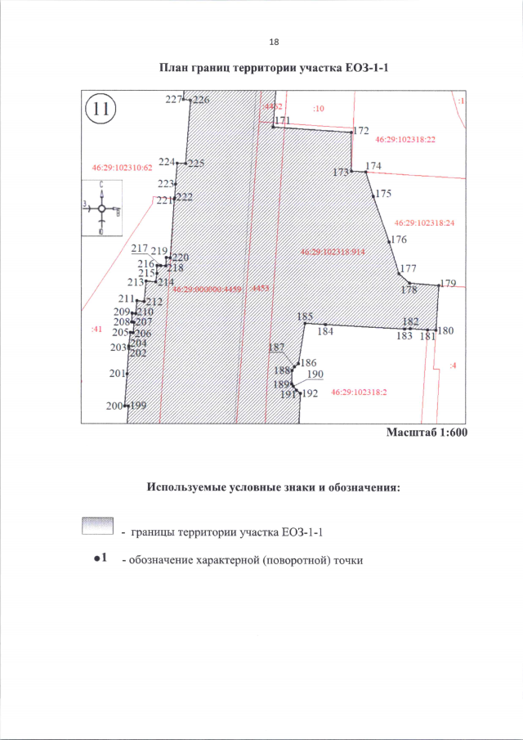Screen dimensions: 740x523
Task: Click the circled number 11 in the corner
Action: pos(103,109)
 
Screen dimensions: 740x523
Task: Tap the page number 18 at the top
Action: pos(273,42)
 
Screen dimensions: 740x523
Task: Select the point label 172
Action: pos(362,131)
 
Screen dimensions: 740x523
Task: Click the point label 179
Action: pos(447,284)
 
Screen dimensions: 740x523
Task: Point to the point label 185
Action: pos(306,316)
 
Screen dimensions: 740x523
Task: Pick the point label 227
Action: pos(172,99)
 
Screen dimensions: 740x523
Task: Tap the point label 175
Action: pos(384,194)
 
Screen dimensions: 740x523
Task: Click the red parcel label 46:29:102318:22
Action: pos(405,141)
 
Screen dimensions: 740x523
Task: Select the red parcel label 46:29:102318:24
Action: pos(424,222)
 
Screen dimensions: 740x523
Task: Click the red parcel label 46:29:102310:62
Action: pos(123,168)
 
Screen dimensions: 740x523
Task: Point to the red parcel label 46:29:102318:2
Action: pos(359,392)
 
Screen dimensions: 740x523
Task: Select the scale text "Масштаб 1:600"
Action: pos(426,433)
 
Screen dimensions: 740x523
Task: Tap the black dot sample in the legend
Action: pos(96,558)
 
